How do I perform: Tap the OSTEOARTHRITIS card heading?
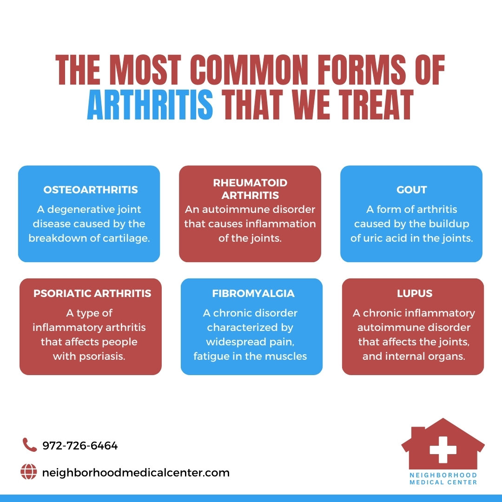(91, 190)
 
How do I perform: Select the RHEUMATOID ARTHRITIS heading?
(250, 189)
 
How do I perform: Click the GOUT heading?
(411, 190)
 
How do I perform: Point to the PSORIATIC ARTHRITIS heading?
(92, 294)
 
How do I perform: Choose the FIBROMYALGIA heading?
(253, 294)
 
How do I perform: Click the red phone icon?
(29, 445)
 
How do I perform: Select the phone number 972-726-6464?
(80, 446)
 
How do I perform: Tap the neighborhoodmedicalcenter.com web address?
(136, 473)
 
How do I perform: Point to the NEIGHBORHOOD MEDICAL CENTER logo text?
(443, 479)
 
